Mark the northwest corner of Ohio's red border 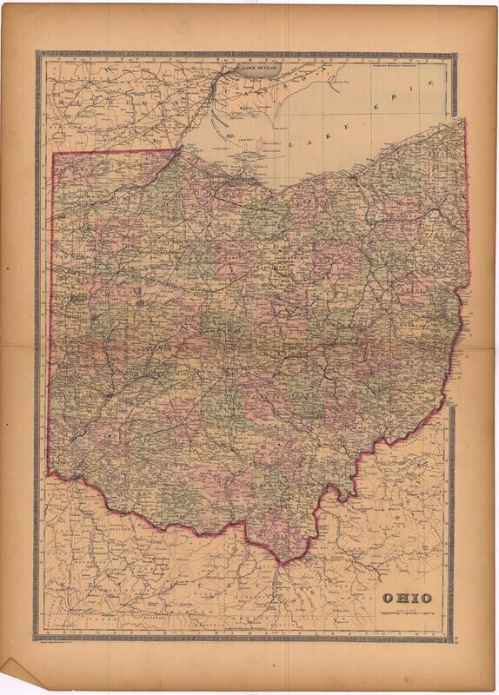click(54, 155)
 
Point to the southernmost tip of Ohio click(299, 559)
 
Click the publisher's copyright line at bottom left click(69, 643)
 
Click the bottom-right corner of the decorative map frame click(453, 640)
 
